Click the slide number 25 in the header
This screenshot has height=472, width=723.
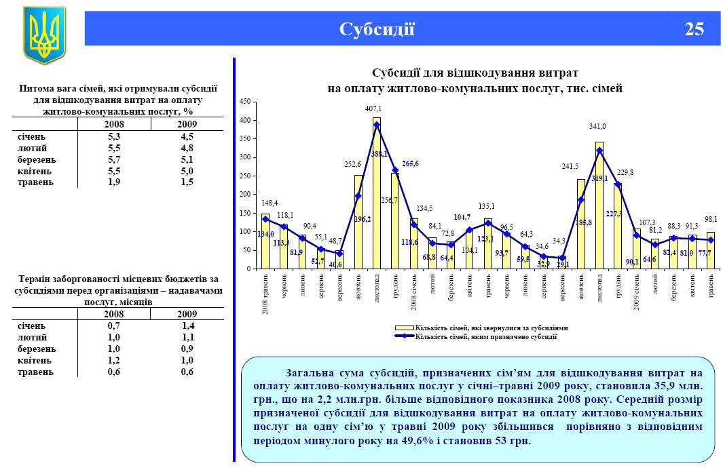pos(694,29)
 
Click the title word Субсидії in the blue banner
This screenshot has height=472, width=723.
pos(377,29)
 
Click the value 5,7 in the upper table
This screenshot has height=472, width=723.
pos(113,159)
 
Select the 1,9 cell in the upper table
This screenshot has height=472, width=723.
pos(113,182)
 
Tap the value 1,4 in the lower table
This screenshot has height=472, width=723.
pos(187,326)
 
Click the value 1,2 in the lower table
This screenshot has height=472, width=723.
pos(113,360)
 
